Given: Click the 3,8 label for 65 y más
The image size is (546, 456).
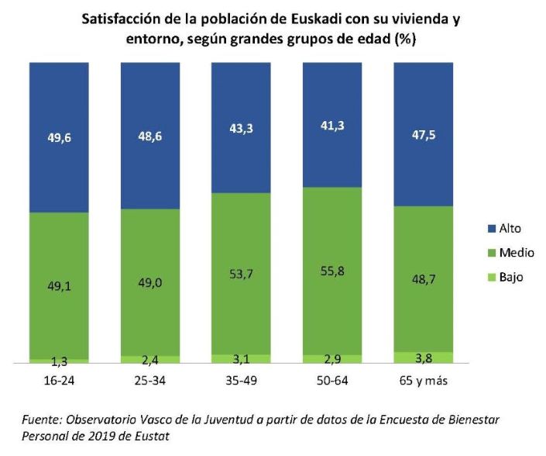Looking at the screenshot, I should pos(423,358).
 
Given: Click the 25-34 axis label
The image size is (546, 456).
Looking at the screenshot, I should pos(149,382).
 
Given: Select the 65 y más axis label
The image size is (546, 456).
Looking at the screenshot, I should pos(423,382).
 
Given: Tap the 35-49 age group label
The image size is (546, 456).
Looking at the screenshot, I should pos(240,382).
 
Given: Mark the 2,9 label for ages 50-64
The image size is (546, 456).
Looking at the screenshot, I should pos(331,359).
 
